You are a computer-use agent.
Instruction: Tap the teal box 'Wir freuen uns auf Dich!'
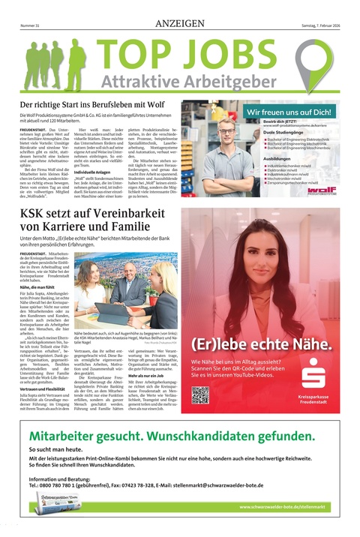coord(289,112)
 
